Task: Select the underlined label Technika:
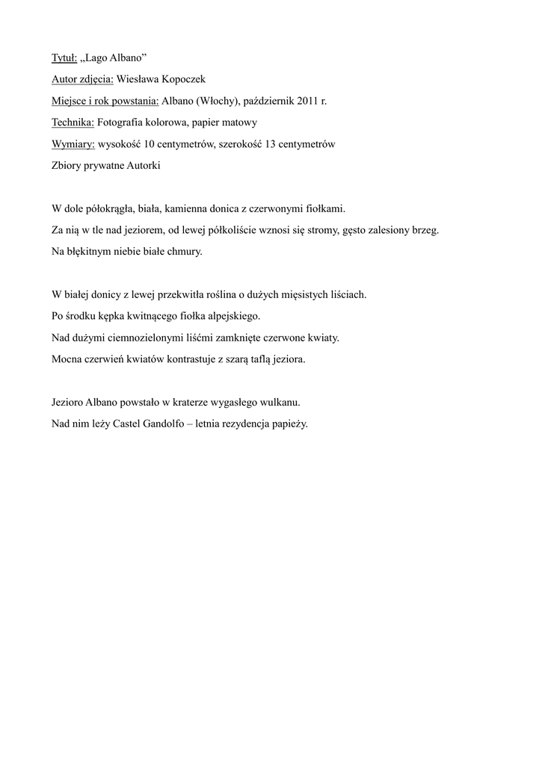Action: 73,123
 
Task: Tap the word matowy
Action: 238,123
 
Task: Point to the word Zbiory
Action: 67,166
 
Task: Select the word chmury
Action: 185,252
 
